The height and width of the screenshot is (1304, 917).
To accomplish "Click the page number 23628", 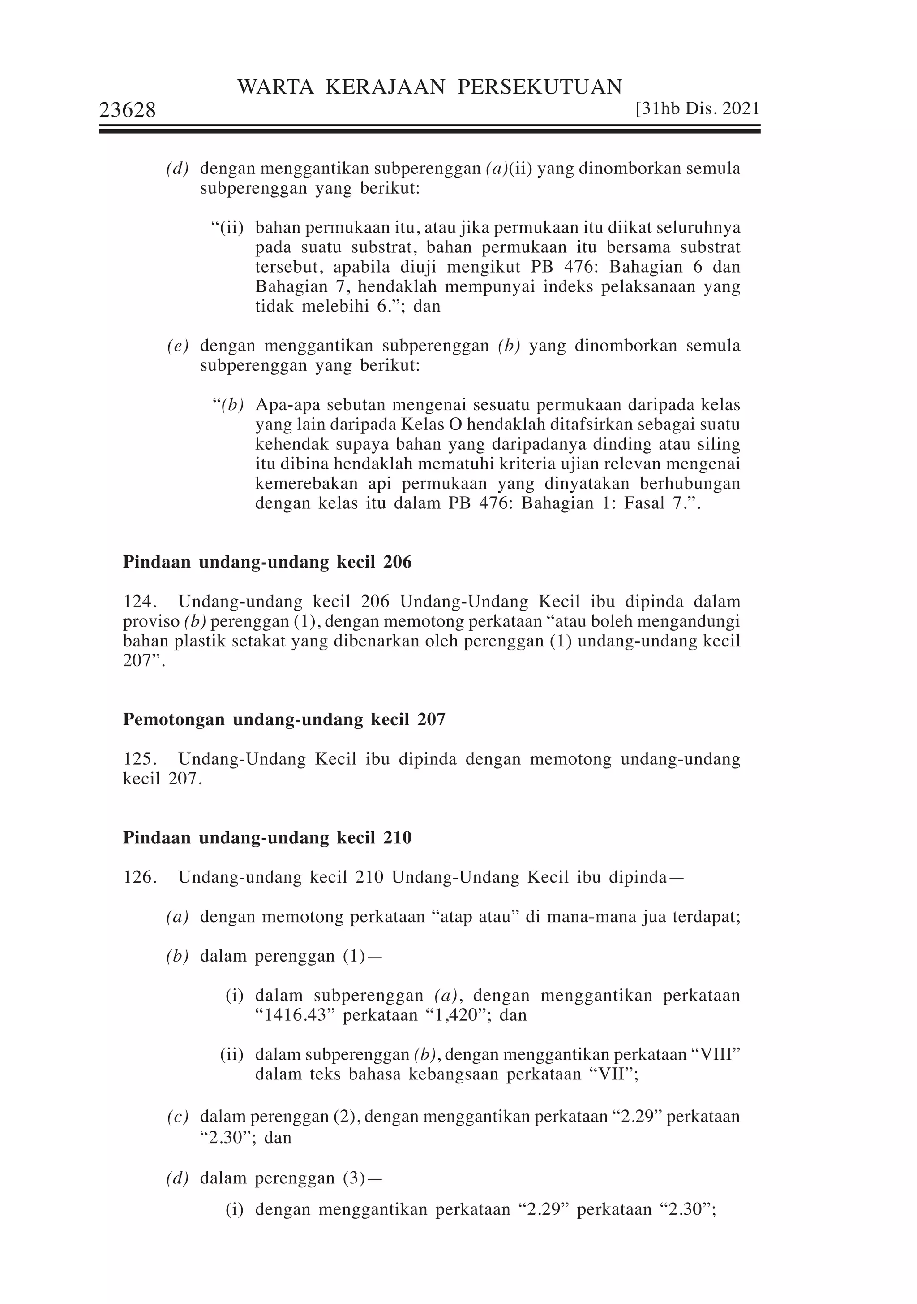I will (x=128, y=110).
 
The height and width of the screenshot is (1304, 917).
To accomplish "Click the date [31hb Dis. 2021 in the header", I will (x=698, y=108).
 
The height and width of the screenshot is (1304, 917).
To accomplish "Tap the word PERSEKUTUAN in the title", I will (x=540, y=87).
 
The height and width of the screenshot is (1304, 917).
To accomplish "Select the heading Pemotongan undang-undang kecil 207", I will (x=284, y=719).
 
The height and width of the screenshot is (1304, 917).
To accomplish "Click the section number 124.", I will (x=139, y=602).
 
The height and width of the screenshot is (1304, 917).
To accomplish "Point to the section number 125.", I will (x=139, y=759).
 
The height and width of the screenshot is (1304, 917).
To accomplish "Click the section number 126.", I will (x=139, y=877).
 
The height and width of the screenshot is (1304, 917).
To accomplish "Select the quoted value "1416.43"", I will (x=293, y=1015).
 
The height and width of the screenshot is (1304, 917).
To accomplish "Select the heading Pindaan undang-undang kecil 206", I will (x=267, y=562).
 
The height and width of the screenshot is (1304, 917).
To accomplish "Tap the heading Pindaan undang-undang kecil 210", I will (x=267, y=838).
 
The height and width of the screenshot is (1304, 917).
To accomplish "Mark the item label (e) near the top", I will (x=178, y=346).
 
